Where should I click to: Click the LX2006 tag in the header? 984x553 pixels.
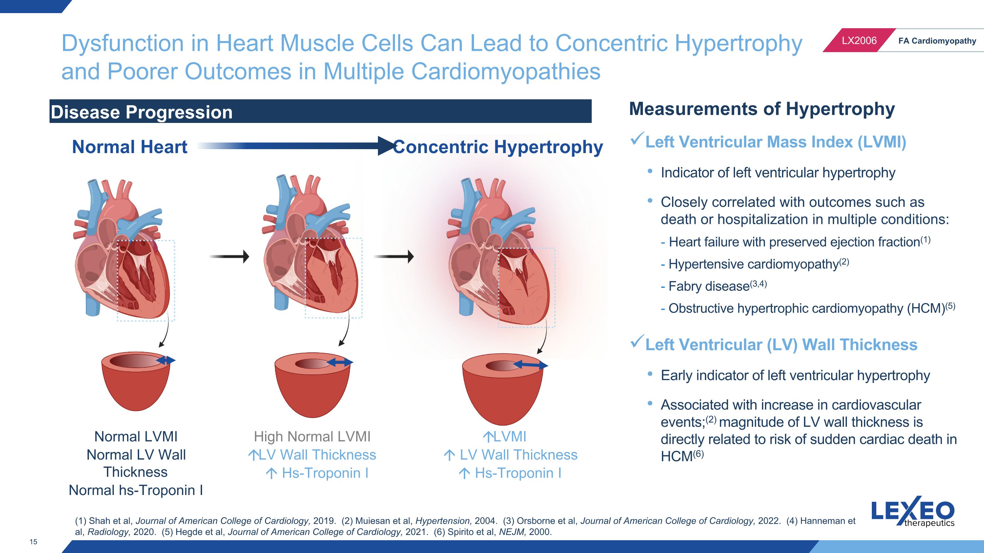[859, 40]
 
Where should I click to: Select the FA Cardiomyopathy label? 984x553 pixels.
[937, 41]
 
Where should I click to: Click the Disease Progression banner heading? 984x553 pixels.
[141, 112]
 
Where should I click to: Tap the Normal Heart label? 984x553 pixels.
[130, 147]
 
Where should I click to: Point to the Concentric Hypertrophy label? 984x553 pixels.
[498, 147]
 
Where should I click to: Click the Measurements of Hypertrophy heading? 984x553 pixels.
[762, 109]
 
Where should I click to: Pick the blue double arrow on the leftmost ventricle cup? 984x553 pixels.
[165, 360]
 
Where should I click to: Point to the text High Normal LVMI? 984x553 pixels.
[312, 436]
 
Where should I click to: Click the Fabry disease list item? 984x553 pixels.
[713, 286]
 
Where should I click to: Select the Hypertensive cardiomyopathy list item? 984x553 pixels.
[754, 264]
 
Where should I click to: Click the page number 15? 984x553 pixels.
[33, 542]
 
